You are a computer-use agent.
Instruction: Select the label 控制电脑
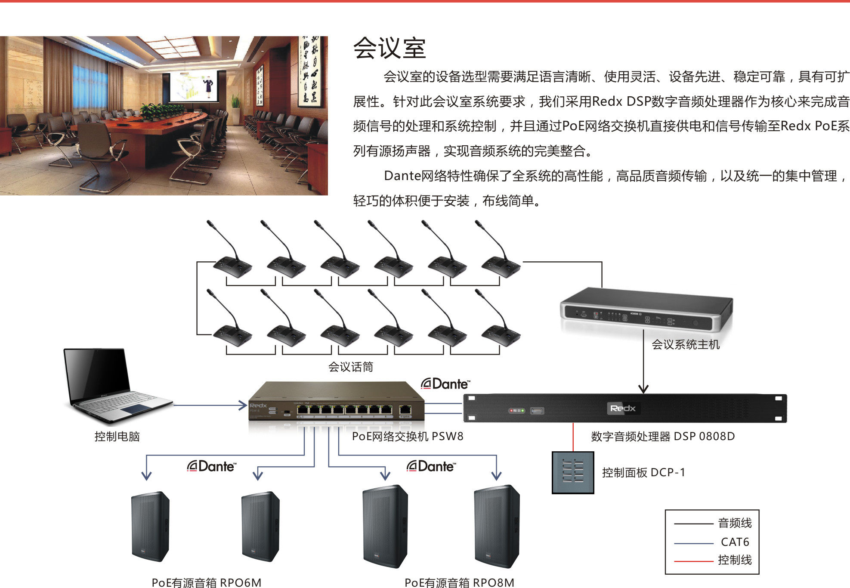point(117,437)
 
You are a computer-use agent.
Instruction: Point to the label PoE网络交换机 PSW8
point(407,437)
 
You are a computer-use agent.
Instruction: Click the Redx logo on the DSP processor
point(623,408)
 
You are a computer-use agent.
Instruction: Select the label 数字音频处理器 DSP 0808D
point(663,437)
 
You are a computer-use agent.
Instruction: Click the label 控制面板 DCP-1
point(643,473)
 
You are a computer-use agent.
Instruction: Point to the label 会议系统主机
point(685,345)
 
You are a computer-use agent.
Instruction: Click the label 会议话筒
point(351,367)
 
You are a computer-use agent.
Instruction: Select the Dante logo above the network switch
point(445,384)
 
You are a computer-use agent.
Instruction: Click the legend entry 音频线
point(735,523)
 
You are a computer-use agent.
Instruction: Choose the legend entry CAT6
point(735,542)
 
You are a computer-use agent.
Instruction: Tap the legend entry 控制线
point(735,560)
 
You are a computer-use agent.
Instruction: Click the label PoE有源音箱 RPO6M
point(207,582)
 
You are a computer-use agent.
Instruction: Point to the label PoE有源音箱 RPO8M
point(459,582)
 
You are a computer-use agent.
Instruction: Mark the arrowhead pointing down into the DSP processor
point(643,389)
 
